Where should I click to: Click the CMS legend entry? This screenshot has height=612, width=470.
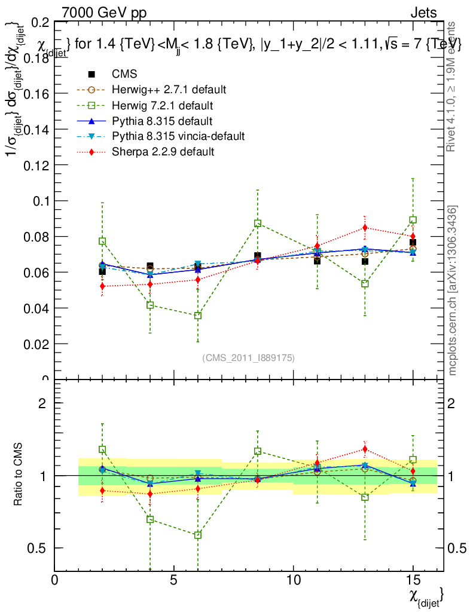coord(124,74)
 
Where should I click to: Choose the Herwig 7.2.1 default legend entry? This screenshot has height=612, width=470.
coord(163,105)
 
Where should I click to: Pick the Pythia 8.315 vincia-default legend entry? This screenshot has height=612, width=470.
coord(178,136)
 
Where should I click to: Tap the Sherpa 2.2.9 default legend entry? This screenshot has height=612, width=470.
coord(163,152)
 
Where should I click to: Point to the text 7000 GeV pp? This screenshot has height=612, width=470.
coord(104,13)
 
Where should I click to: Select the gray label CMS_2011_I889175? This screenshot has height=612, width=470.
coord(248,357)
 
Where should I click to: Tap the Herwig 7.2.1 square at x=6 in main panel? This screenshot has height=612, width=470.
coord(198,316)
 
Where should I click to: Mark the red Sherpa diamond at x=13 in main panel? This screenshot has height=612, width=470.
coord(365,228)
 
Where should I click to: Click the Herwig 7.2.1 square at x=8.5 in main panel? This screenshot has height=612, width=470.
coord(258,223)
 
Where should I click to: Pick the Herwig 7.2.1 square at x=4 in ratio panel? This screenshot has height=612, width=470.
coord(150,519)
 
